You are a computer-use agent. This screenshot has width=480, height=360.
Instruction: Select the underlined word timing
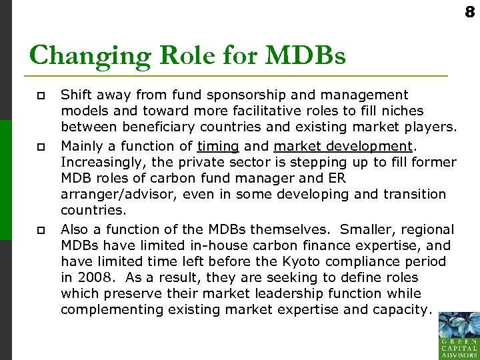[218, 146]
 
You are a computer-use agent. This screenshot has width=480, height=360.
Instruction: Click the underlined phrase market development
[343, 146]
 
